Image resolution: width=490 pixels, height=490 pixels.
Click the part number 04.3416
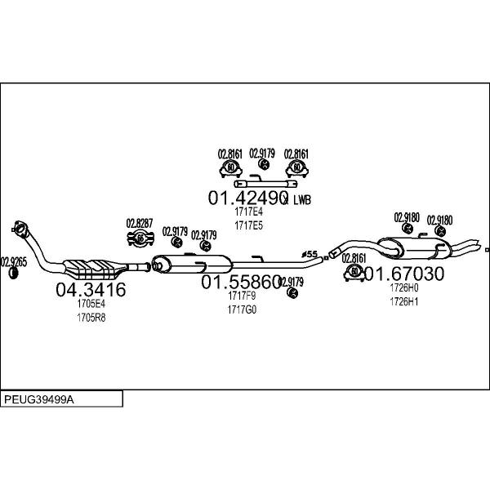point(90,289)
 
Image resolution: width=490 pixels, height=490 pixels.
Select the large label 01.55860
point(242,282)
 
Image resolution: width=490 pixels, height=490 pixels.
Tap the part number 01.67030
point(403,274)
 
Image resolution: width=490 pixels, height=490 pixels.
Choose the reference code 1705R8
point(91,317)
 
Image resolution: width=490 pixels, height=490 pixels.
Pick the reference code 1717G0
point(243,310)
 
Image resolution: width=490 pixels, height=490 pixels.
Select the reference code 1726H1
point(403,301)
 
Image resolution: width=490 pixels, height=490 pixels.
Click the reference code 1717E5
point(248,225)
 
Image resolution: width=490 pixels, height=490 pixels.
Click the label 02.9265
point(13,261)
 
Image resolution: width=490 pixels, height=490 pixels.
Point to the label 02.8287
point(139,223)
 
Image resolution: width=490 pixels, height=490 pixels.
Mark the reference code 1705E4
point(91,304)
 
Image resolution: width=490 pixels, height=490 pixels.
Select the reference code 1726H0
point(403,287)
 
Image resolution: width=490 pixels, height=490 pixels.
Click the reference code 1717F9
point(243,296)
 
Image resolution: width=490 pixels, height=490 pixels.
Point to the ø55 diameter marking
point(310,254)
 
